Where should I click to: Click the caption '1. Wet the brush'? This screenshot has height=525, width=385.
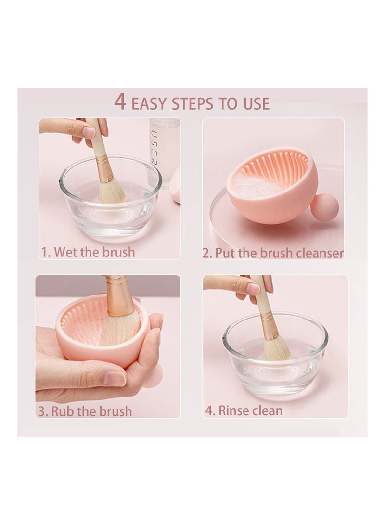point(88,252)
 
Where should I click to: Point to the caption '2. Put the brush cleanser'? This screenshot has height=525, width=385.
point(272,253)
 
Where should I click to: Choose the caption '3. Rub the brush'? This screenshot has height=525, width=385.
point(85,411)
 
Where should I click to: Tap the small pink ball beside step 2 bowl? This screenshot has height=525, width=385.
point(324,207)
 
